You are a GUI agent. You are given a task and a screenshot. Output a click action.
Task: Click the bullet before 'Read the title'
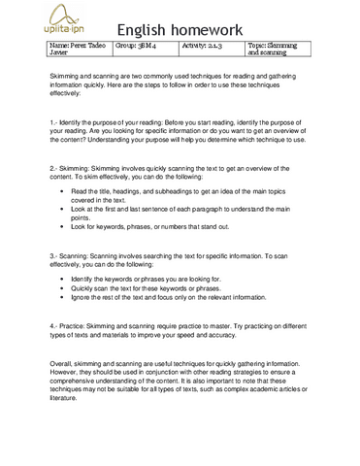(62, 191)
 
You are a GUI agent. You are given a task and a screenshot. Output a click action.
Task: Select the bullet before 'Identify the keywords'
(62, 279)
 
